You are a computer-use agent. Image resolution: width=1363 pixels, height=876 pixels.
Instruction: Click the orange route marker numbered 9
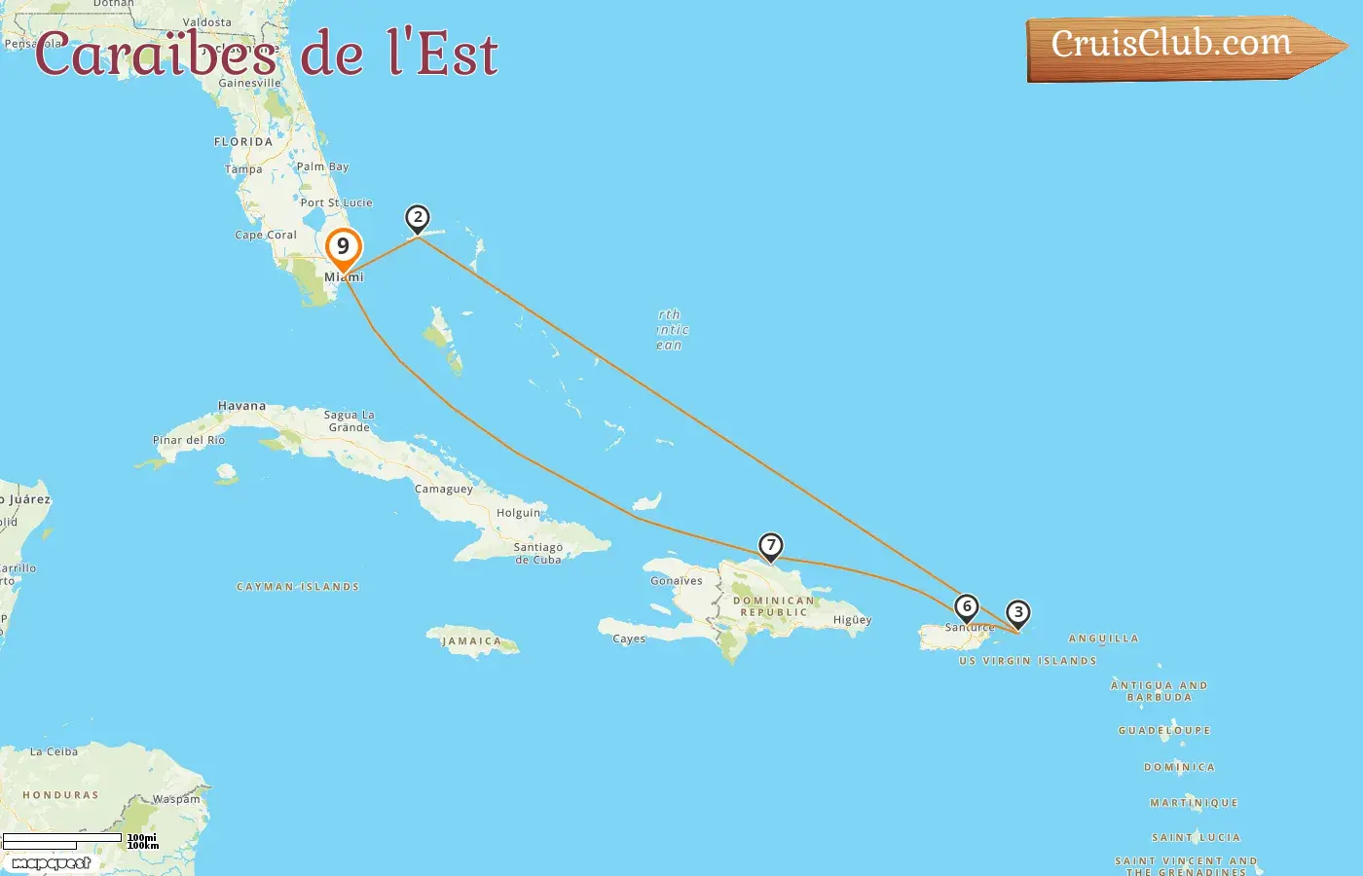343,248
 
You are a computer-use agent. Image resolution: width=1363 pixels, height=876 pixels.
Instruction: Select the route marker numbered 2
418,218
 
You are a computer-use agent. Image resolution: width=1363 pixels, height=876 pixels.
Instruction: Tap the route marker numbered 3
1017,613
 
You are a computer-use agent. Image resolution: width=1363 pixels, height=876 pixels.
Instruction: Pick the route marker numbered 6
966,607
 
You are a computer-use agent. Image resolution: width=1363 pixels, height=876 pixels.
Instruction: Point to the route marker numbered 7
770,546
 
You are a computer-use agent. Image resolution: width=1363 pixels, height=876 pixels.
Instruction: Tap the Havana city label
241,406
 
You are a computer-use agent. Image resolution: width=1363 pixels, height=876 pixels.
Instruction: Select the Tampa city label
243,169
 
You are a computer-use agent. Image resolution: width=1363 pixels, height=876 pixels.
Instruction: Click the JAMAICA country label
471,641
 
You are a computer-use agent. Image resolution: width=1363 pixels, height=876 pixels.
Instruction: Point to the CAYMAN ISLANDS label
298,587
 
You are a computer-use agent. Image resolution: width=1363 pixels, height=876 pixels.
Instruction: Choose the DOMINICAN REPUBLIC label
774,606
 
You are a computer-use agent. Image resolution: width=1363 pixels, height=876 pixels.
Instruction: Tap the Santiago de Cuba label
538,553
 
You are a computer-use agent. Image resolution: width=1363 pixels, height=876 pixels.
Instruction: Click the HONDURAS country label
60,795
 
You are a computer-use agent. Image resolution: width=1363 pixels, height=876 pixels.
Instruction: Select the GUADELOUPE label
1164,730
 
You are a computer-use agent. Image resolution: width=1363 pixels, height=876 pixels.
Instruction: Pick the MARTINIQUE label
1194,803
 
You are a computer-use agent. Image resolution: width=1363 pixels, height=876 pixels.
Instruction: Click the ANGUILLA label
1103,639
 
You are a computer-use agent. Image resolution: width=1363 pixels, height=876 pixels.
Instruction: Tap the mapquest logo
51,863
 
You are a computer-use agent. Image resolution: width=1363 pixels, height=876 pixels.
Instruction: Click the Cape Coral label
266,235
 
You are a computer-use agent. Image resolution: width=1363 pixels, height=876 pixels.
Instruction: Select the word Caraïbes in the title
156,55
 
